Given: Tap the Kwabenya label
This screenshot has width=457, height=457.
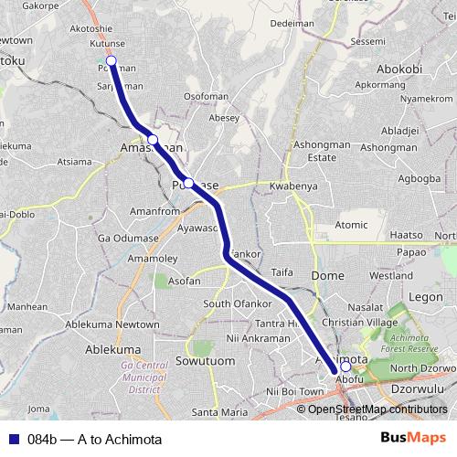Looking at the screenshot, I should point(292,186).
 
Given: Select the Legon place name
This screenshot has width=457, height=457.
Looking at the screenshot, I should point(425,297).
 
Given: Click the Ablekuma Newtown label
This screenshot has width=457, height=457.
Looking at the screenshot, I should point(122,324).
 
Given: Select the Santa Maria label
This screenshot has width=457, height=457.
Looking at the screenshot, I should point(220,412).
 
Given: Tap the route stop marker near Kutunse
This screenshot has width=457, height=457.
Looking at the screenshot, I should point(112,61).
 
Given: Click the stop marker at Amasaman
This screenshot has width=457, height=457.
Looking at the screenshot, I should point(154,140).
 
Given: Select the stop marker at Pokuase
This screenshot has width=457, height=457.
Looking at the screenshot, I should point(188,183).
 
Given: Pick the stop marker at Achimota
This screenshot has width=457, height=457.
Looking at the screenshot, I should point(345,367).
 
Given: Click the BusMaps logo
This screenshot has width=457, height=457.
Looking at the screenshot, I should point(412,438).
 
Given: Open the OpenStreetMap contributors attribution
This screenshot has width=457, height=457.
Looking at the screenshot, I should point(377,409).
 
